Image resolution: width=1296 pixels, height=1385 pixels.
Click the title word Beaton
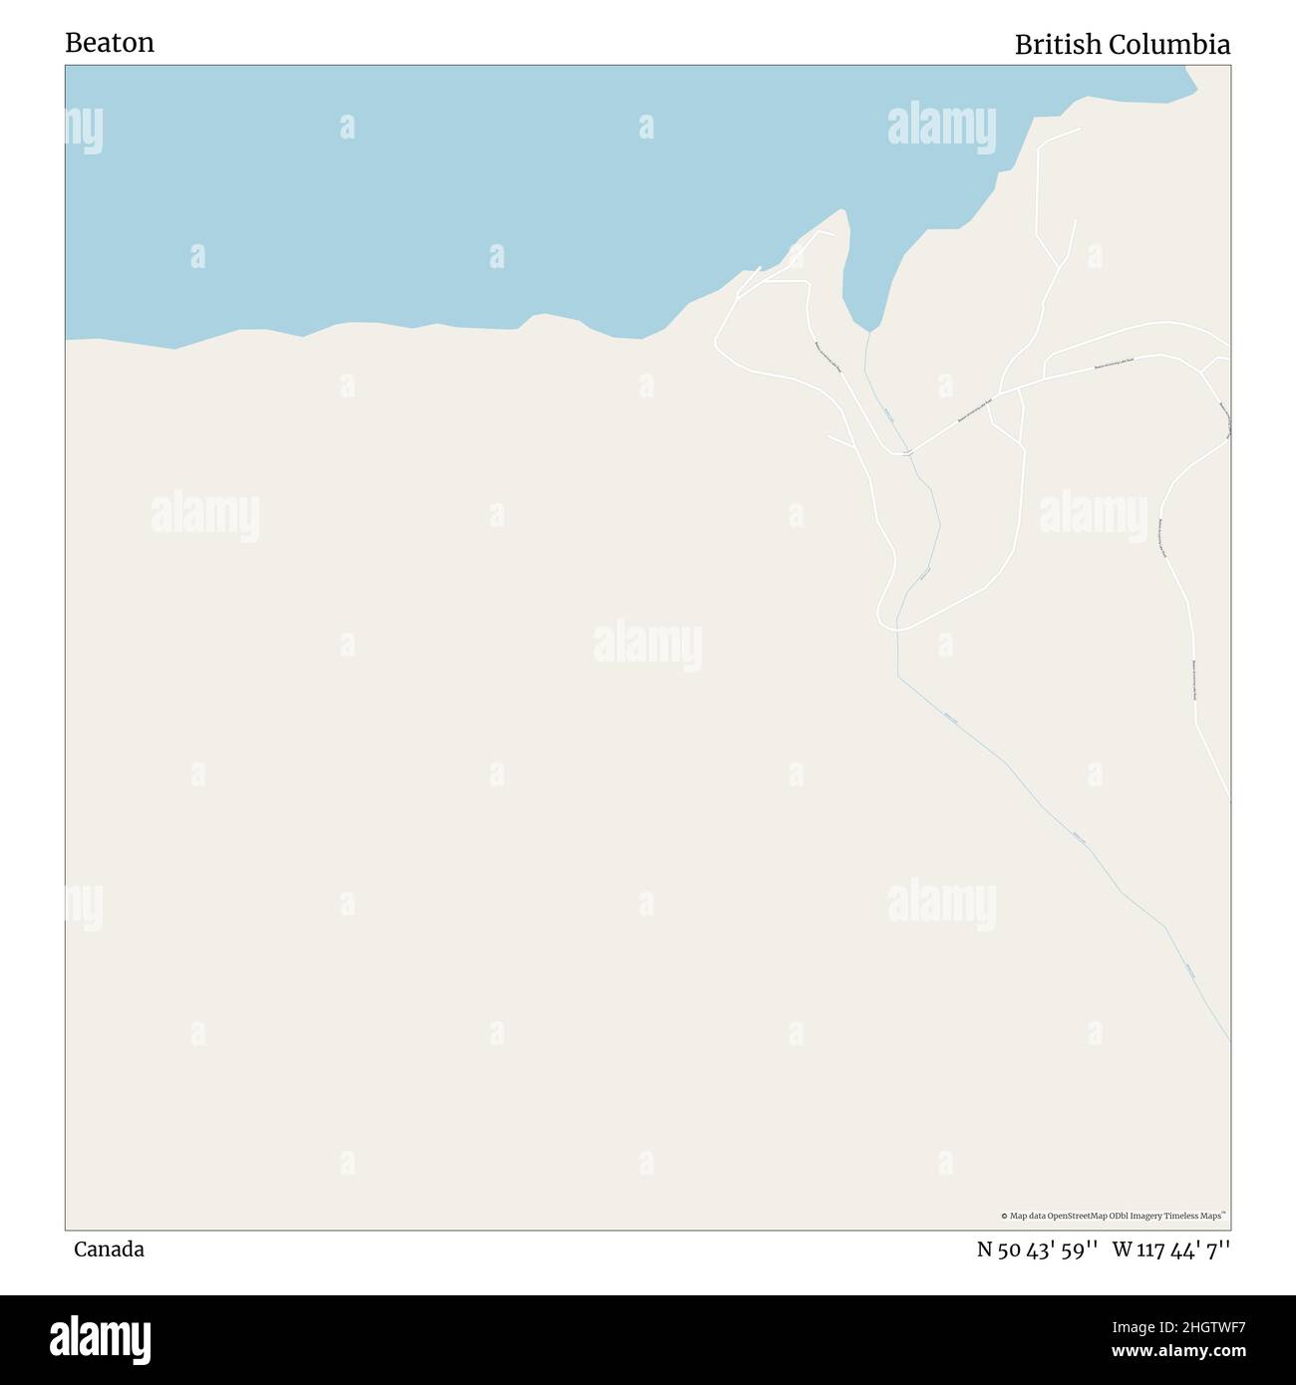click(110, 43)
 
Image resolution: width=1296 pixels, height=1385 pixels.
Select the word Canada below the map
click(109, 1249)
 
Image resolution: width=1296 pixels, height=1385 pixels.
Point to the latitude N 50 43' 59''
click(1037, 1249)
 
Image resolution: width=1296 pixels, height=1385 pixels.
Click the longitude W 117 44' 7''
click(1171, 1249)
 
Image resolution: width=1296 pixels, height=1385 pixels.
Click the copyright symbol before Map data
click(1004, 1216)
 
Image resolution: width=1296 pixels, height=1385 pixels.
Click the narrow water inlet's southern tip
click(870, 330)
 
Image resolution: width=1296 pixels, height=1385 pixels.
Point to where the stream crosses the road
click(906, 453)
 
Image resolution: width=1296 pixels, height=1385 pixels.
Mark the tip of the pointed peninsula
click(843, 211)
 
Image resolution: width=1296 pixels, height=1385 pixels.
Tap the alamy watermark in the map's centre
click(648, 646)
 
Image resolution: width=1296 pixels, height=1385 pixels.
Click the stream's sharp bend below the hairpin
click(898, 678)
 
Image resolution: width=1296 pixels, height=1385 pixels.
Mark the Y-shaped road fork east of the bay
click(1059, 267)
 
